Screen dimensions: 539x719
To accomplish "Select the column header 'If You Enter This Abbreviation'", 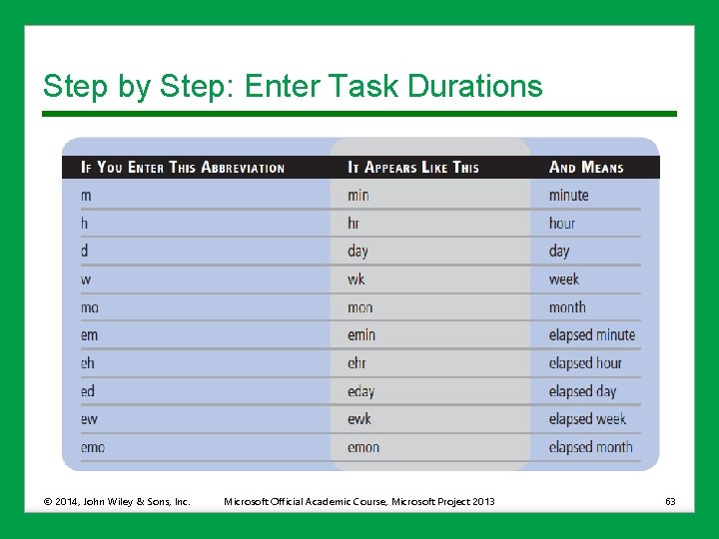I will (183, 168).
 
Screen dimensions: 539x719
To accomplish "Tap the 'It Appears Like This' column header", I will (413, 168).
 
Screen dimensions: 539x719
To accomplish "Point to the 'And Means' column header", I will (586, 168).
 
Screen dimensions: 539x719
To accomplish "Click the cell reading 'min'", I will (359, 196).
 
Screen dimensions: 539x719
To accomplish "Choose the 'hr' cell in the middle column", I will (355, 224).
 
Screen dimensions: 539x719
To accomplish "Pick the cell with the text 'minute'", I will (569, 196).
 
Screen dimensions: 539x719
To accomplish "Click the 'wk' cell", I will (357, 279).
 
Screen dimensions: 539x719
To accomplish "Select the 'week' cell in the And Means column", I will (564, 279).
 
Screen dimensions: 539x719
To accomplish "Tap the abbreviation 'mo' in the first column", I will (90, 307).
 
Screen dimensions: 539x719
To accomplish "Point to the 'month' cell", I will (567, 307).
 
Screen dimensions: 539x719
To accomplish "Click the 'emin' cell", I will (362, 335).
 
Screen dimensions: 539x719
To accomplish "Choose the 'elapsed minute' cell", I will (592, 335).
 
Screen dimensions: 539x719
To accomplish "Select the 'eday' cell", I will (361, 391).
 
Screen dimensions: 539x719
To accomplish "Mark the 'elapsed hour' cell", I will (585, 363).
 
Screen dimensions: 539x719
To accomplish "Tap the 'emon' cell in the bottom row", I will (363, 447).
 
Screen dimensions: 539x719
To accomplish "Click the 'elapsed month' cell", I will (591, 447).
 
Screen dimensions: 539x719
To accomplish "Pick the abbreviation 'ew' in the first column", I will (90, 419).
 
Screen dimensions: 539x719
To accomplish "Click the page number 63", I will (670, 501).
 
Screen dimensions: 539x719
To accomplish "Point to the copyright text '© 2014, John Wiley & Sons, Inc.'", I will (116, 501).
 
